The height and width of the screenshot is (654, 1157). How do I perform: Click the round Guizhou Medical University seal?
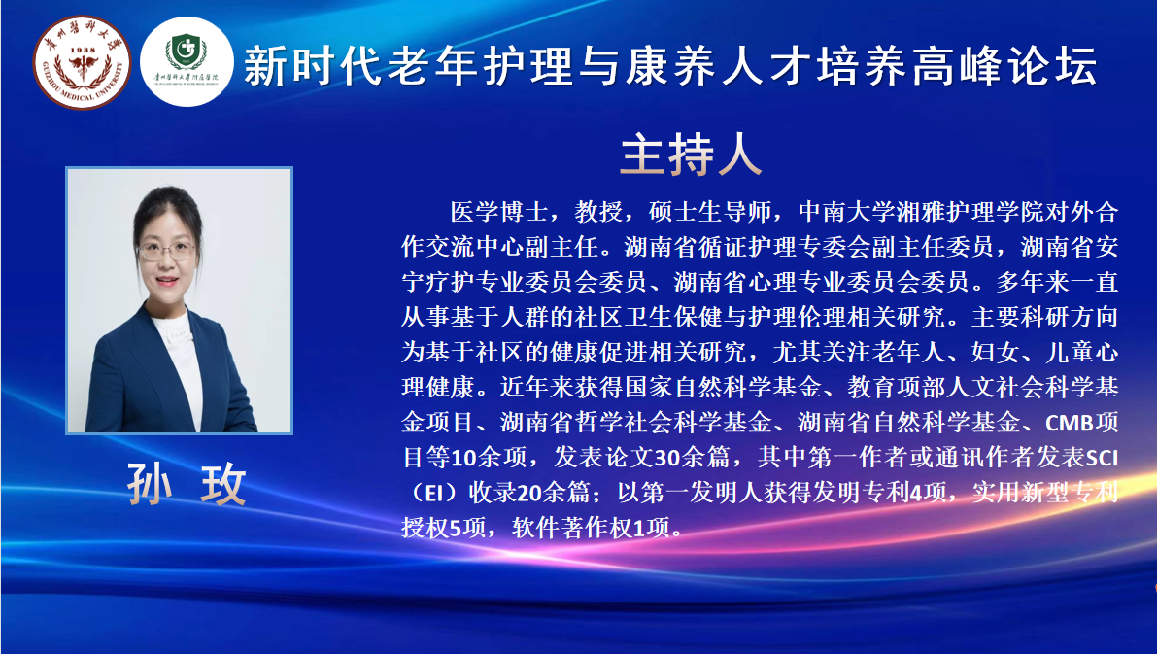pyautogui.click(x=82, y=63)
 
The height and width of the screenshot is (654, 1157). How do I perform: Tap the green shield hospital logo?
pyautogui.click(x=186, y=62)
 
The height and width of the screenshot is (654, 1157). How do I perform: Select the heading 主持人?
pyautogui.click(x=691, y=155)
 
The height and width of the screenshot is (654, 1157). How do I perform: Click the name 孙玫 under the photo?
pyautogui.click(x=187, y=484)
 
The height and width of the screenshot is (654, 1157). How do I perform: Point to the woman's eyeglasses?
pyautogui.click(x=166, y=251)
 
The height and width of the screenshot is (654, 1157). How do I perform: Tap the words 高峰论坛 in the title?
pyautogui.click(x=1004, y=66)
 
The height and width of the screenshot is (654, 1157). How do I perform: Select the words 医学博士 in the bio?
pyautogui.click(x=499, y=212)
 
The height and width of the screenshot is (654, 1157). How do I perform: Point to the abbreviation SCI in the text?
pyautogui.click(x=1103, y=458)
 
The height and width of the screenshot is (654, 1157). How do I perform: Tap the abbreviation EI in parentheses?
pyautogui.click(x=434, y=493)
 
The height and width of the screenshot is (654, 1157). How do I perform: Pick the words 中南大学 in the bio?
pyautogui.click(x=847, y=212)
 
